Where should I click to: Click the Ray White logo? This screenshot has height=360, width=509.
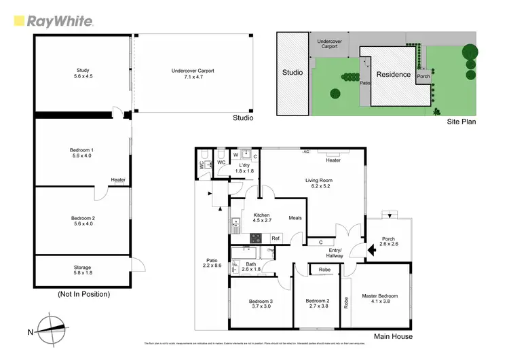(53, 21)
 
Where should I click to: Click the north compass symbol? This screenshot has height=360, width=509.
(52, 331)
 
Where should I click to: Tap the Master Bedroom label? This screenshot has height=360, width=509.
(380, 299)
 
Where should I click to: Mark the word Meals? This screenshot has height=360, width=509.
(295, 218)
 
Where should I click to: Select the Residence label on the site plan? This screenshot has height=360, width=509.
(394, 74)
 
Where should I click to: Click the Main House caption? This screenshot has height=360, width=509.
(393, 336)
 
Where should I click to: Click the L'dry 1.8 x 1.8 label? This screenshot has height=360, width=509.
(244, 168)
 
